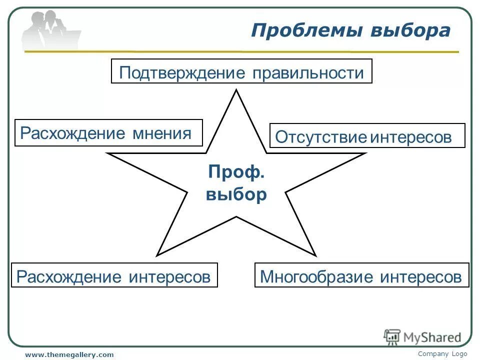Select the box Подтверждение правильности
[x=241, y=71]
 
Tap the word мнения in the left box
[x=161, y=133]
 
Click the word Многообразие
[x=317, y=276]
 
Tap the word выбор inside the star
[x=236, y=194]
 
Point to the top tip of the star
[x=236, y=91]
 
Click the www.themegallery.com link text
[x=69, y=354]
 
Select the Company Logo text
[x=442, y=353]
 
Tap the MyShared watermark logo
[x=422, y=337]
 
